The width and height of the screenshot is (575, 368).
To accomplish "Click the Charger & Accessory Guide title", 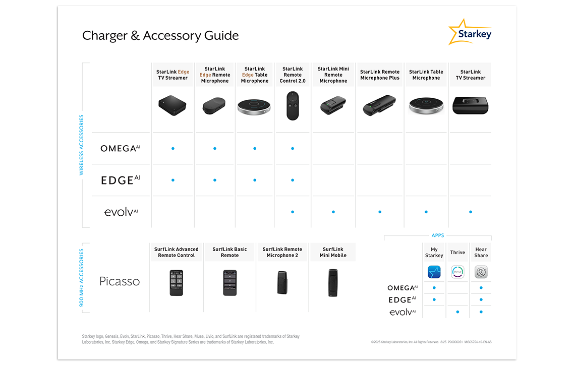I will click(x=160, y=36).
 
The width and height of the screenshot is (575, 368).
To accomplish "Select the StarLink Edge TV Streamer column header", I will click(x=172, y=75).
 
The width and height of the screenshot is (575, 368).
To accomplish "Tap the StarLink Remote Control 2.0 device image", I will click(x=293, y=106).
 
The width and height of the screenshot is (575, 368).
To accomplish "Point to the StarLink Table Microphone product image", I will click(x=426, y=106).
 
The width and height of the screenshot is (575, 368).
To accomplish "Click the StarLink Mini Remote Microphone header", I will click(x=333, y=75).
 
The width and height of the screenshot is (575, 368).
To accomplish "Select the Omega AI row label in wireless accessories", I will click(x=120, y=148).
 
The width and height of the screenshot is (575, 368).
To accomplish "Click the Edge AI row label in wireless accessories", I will click(x=120, y=180).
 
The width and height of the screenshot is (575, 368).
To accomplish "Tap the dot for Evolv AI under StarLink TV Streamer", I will click(x=471, y=212).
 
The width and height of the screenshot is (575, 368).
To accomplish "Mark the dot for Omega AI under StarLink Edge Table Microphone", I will click(x=255, y=149).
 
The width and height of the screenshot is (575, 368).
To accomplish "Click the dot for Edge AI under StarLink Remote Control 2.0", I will click(x=293, y=180).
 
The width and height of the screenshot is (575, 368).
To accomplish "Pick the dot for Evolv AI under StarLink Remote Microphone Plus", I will click(x=380, y=212).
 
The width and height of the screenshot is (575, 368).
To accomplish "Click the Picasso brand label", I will click(x=119, y=281).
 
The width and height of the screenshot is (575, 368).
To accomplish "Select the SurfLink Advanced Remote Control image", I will click(x=176, y=282).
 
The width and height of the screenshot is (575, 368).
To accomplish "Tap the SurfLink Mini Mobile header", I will click(x=333, y=252).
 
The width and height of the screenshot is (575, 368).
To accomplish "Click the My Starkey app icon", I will click(x=434, y=273).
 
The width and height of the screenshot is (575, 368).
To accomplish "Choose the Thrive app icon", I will click(x=457, y=273).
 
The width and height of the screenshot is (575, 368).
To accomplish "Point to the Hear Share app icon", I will click(x=481, y=273).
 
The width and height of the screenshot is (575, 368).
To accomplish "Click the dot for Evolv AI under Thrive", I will click(x=457, y=312).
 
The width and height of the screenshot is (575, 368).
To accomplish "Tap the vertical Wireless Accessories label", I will click(x=81, y=145).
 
